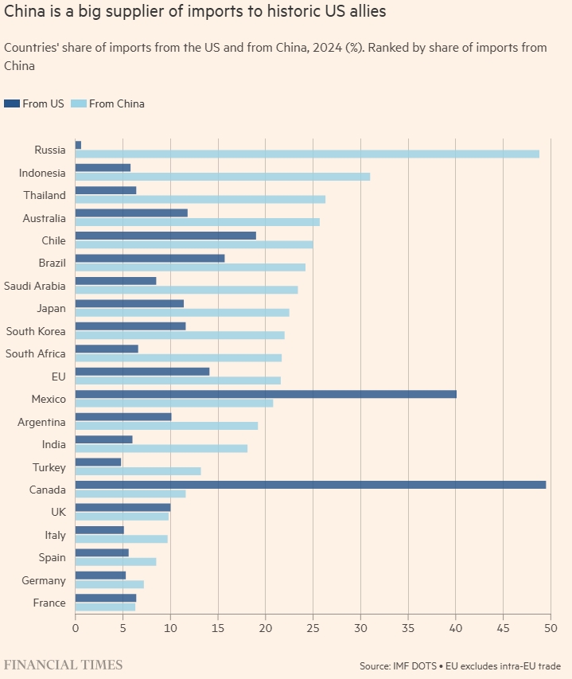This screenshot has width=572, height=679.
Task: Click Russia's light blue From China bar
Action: (307, 154)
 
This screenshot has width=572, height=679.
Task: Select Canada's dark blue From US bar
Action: (310, 484)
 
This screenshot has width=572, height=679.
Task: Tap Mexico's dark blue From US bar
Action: (266, 393)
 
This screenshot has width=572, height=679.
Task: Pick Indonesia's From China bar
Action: (223, 176)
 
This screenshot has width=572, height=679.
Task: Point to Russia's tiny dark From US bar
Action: (78, 145)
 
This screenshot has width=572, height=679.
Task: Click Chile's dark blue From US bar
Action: (165, 236)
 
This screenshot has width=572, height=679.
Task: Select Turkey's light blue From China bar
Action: (138, 470)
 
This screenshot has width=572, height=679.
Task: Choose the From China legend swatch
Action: (78, 103)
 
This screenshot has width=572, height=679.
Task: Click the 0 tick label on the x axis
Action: (76, 628)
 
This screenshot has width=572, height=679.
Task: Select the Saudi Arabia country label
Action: (35, 285)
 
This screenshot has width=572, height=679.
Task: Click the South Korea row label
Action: (36, 330)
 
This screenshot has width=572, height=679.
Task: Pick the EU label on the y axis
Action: (58, 376)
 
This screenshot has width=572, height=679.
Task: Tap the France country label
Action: (49, 603)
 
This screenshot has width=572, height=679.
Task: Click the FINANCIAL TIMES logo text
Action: (64, 664)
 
